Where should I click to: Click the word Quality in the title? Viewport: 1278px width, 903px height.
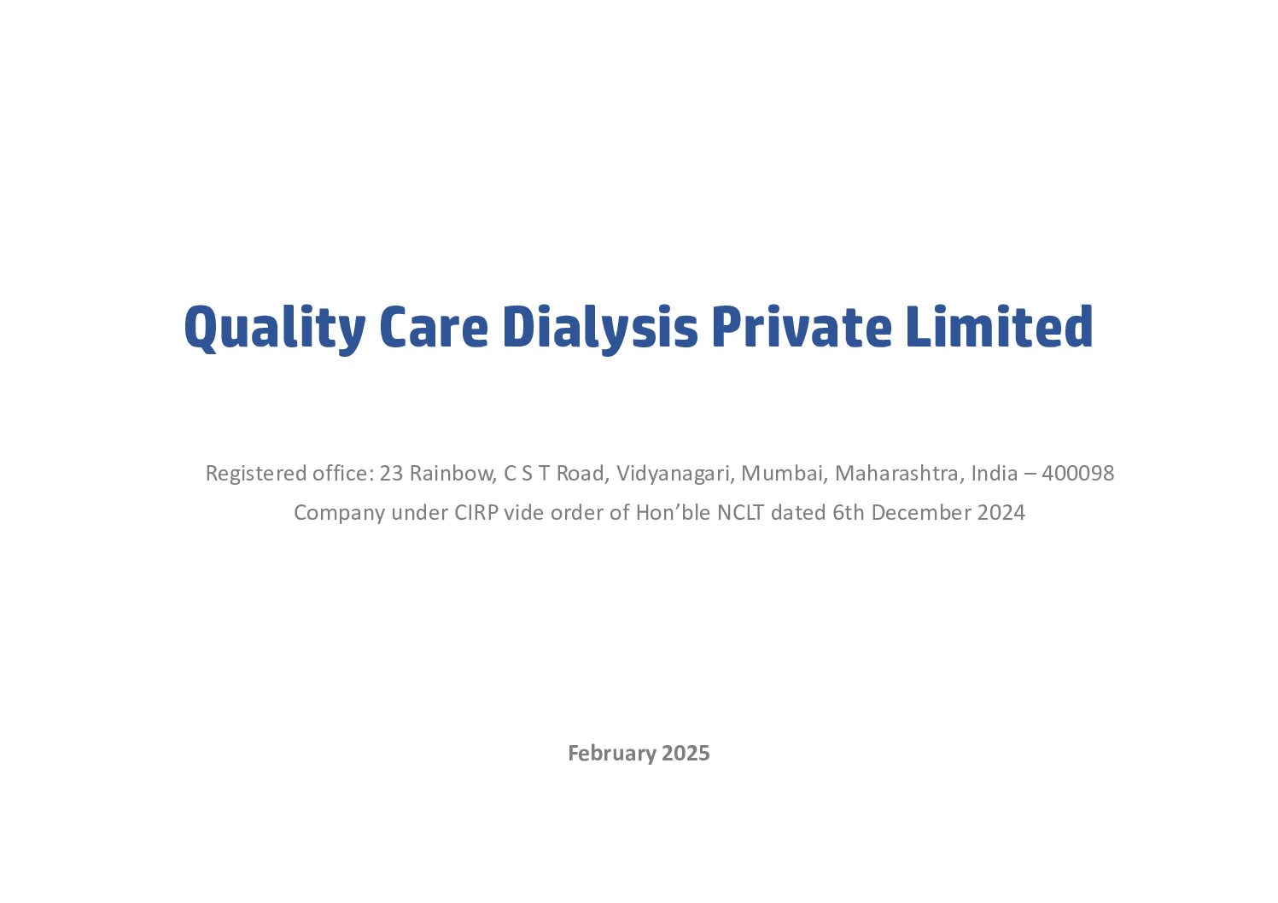point(274,328)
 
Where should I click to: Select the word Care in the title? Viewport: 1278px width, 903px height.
point(435,327)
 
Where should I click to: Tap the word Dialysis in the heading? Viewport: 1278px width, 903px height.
point(600,329)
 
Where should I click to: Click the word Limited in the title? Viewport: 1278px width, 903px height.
point(999,325)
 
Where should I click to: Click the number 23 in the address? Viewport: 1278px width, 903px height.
point(391,474)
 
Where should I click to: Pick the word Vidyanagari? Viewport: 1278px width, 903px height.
point(675,474)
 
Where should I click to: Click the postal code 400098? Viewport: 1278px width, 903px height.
point(1077,474)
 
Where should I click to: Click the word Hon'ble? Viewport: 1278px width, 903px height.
point(673,513)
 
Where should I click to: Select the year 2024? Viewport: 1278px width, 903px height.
point(1001,513)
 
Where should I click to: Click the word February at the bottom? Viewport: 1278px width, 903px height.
point(611,754)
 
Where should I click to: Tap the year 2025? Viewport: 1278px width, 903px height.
point(686,754)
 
